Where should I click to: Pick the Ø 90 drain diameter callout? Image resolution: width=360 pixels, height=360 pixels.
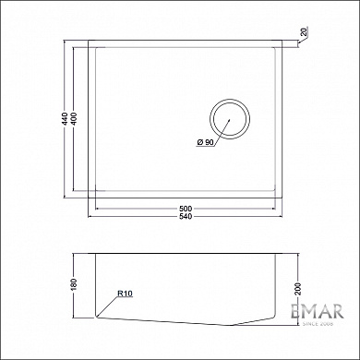tap(205, 142)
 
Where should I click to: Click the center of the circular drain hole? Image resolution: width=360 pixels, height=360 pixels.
tap(229, 119)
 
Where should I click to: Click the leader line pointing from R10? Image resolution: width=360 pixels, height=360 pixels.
tap(107, 307)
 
